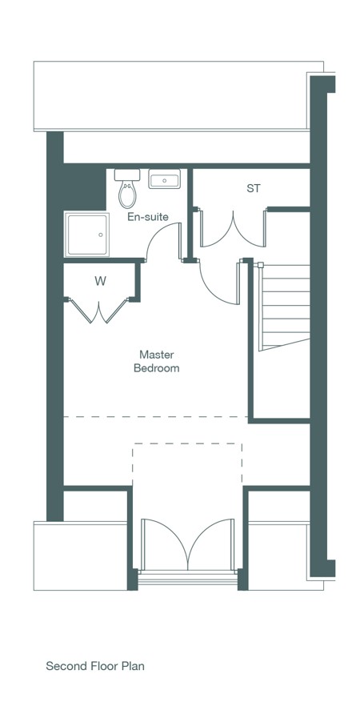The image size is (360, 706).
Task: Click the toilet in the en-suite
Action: coord(127,188)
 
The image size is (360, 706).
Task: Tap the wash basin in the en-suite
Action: coord(164,179)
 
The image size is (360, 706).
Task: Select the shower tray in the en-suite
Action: coord(87,234)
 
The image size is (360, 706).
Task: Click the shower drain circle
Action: coord(101,235)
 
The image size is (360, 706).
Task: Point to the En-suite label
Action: coord(148,217)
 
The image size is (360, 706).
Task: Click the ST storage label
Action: coord(254,188)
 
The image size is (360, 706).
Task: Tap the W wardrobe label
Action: coord(100,282)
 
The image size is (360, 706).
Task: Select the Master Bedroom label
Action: coord(157,361)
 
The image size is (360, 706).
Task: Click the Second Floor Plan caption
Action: coord(95,665)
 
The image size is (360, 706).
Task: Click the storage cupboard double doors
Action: coord(233,229)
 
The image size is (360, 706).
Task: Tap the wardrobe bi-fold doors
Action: coord(99,311)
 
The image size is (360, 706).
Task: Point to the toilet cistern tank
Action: coord(127,174)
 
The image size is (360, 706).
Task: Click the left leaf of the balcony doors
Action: coord(164,544)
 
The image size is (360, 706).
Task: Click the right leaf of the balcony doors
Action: coord(211,544)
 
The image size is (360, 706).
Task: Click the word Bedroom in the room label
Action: coord(157,368)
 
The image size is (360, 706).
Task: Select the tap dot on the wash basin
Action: coord(164,180)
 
